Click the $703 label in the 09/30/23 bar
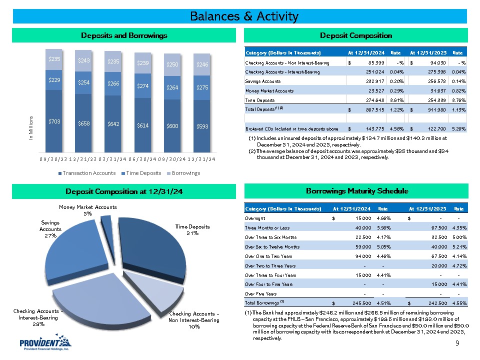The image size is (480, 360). pyautogui.click(x=53, y=122)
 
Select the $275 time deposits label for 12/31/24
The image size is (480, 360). pyautogui.click(x=201, y=88)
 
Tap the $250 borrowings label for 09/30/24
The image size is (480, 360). pyautogui.click(x=172, y=64)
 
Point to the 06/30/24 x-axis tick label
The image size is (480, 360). pyautogui.click(x=143, y=159)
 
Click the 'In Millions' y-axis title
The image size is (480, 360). pyautogui.click(x=30, y=127)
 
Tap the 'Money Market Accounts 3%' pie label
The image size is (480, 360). pyautogui.click(x=88, y=210)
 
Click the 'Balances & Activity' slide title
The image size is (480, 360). pyautogui.click(x=244, y=16)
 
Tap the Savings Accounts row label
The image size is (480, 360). pyautogui.click(x=262, y=81)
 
